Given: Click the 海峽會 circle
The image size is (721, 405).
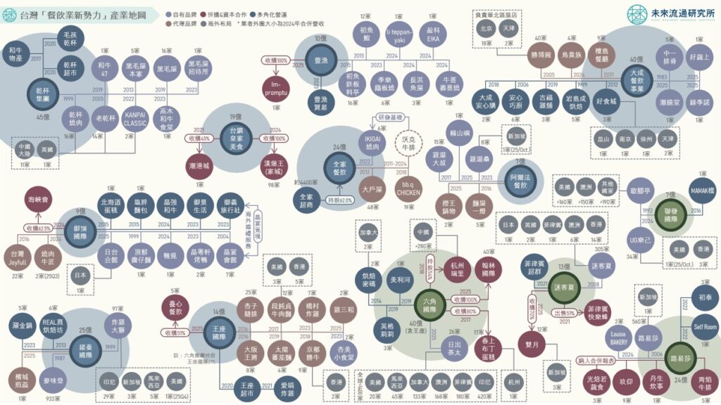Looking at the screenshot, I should [40, 200].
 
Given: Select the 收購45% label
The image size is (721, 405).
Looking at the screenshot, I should [200, 138].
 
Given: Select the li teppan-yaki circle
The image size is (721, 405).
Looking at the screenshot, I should [399, 34].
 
